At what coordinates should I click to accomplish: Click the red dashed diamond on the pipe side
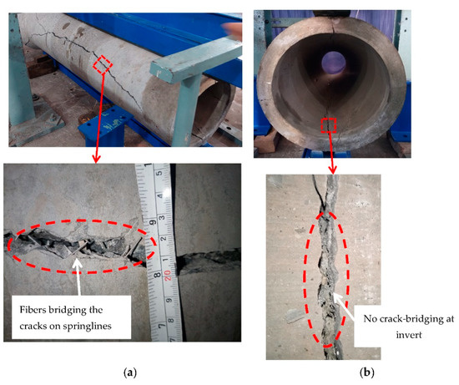pyautogui.click(x=101, y=63)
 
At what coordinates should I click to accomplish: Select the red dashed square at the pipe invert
pyautogui.click(x=328, y=125)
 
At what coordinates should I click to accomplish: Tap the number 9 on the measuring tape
pyautogui.click(x=156, y=222)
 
